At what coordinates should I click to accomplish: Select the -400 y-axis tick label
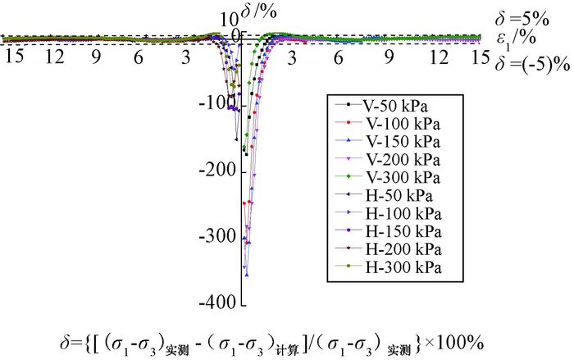[x=217, y=303]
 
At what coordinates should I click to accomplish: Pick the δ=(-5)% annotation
[x=530, y=60]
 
